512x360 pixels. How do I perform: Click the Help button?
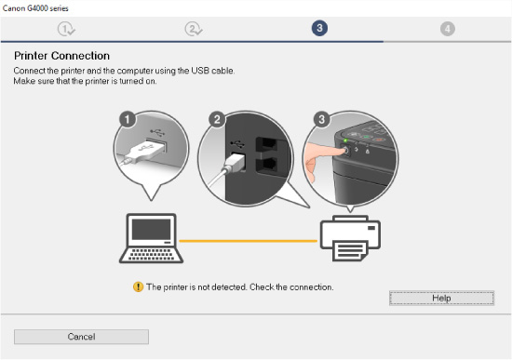click(441, 297)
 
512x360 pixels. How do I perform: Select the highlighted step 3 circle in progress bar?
click(319, 29)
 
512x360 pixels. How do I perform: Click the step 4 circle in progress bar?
click(448, 29)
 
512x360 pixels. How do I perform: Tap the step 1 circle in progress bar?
click(66, 29)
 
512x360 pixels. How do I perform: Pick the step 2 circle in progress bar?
click(194, 29)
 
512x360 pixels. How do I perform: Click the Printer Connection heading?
click(61, 56)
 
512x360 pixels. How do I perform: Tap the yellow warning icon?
click(138, 287)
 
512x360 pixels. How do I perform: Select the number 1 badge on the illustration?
click(129, 119)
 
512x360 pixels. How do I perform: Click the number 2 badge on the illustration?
click(217, 119)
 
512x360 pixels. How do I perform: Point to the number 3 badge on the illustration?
click(322, 119)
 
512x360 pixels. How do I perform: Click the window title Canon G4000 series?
click(35, 7)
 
